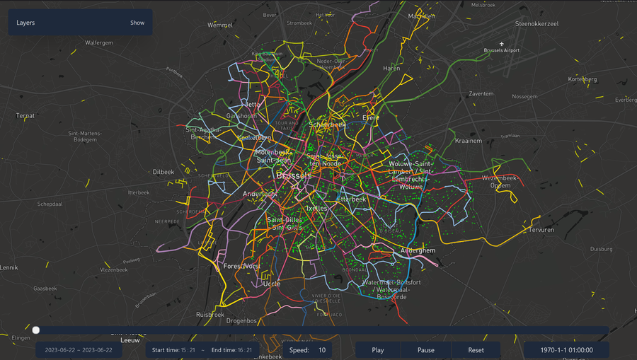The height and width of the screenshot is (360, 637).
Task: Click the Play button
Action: point(378,350)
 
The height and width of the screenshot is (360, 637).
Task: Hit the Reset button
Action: point(476,350)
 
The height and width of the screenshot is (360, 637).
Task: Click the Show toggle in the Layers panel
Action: point(137,23)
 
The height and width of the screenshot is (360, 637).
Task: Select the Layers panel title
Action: point(26,23)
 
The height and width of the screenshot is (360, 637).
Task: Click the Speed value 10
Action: point(322,350)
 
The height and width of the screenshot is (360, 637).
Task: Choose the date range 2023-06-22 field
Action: point(79,350)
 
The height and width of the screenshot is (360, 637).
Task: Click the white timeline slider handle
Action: point(36,330)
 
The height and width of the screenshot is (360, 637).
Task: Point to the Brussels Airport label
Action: point(501,51)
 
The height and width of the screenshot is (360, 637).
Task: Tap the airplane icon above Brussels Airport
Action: point(501,42)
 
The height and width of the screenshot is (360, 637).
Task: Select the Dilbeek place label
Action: point(163,172)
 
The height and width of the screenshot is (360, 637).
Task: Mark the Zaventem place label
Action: point(481,93)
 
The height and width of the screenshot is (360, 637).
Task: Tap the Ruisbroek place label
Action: point(210,314)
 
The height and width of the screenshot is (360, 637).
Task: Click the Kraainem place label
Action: point(468,141)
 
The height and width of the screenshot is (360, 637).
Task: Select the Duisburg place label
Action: point(600,249)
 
